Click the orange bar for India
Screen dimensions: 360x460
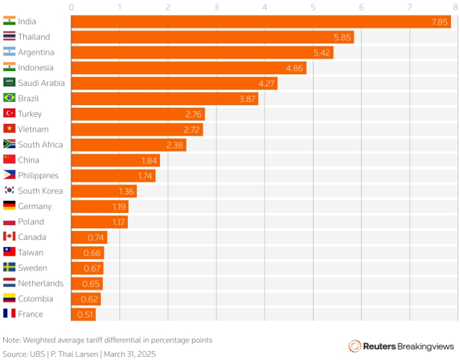[x=258, y=21]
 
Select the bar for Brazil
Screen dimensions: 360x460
[x=164, y=99]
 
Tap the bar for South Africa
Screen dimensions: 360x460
[x=128, y=145]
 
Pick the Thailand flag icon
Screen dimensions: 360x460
[x=9, y=37]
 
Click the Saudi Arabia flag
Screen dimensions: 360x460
[x=9, y=83]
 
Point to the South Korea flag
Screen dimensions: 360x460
[x=9, y=191]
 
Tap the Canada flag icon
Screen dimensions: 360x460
[x=9, y=237]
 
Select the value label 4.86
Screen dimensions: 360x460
[x=294, y=68]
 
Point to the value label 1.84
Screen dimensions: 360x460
[x=149, y=160]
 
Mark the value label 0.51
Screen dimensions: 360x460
[x=85, y=314]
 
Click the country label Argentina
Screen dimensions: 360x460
[x=36, y=52]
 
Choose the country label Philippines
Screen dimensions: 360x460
[x=38, y=175]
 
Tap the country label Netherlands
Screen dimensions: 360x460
[x=41, y=283]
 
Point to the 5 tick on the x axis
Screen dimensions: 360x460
[x=313, y=7]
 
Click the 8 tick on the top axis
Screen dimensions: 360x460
[x=457, y=7]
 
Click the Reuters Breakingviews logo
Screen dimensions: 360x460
[x=401, y=346]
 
